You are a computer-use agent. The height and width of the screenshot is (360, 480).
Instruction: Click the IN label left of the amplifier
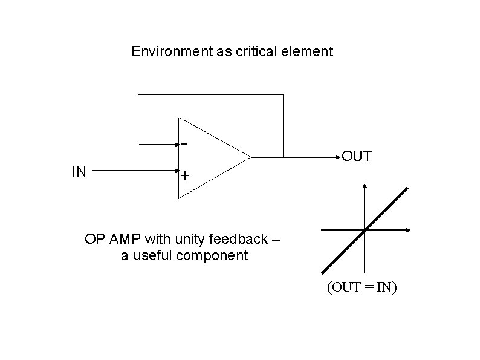(x=79, y=172)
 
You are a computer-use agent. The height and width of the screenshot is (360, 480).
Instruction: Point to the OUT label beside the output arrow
(x=357, y=157)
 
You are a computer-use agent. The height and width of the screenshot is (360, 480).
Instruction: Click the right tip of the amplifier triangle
(x=250, y=157)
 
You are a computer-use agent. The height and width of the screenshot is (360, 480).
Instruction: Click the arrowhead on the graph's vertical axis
(x=365, y=184)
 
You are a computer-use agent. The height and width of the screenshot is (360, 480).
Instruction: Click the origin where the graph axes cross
(x=365, y=230)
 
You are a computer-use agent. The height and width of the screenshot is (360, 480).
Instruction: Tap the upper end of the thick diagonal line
(x=407, y=188)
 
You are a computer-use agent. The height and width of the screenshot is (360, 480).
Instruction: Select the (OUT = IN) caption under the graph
(x=362, y=287)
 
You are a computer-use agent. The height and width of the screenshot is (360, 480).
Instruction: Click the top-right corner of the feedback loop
(x=283, y=95)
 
